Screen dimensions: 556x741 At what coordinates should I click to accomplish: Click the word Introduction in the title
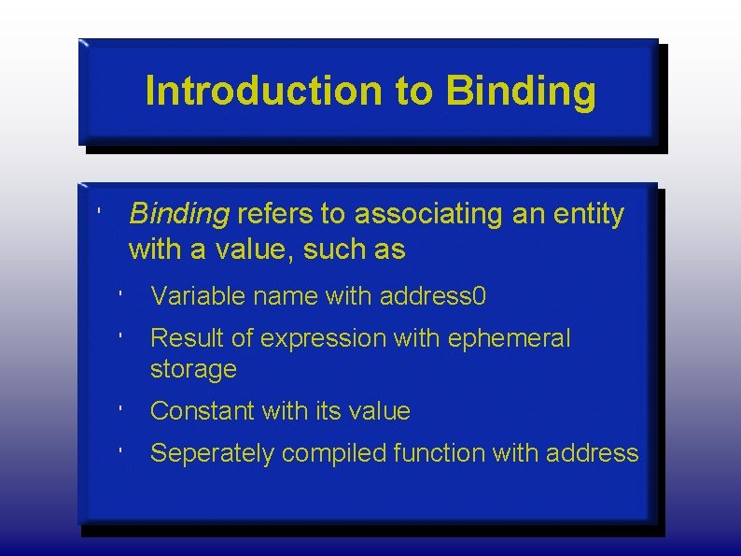pyautogui.click(x=263, y=92)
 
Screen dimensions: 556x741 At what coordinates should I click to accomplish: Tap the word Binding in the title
pyautogui.click(x=521, y=92)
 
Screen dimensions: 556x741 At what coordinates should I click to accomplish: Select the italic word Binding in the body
pyautogui.click(x=179, y=215)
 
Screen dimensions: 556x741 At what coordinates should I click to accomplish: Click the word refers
pyautogui.click(x=275, y=215)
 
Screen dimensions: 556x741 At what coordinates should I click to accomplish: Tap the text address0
pyautogui.click(x=433, y=297)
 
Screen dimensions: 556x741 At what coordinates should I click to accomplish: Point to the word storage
pyautogui.click(x=193, y=370)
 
